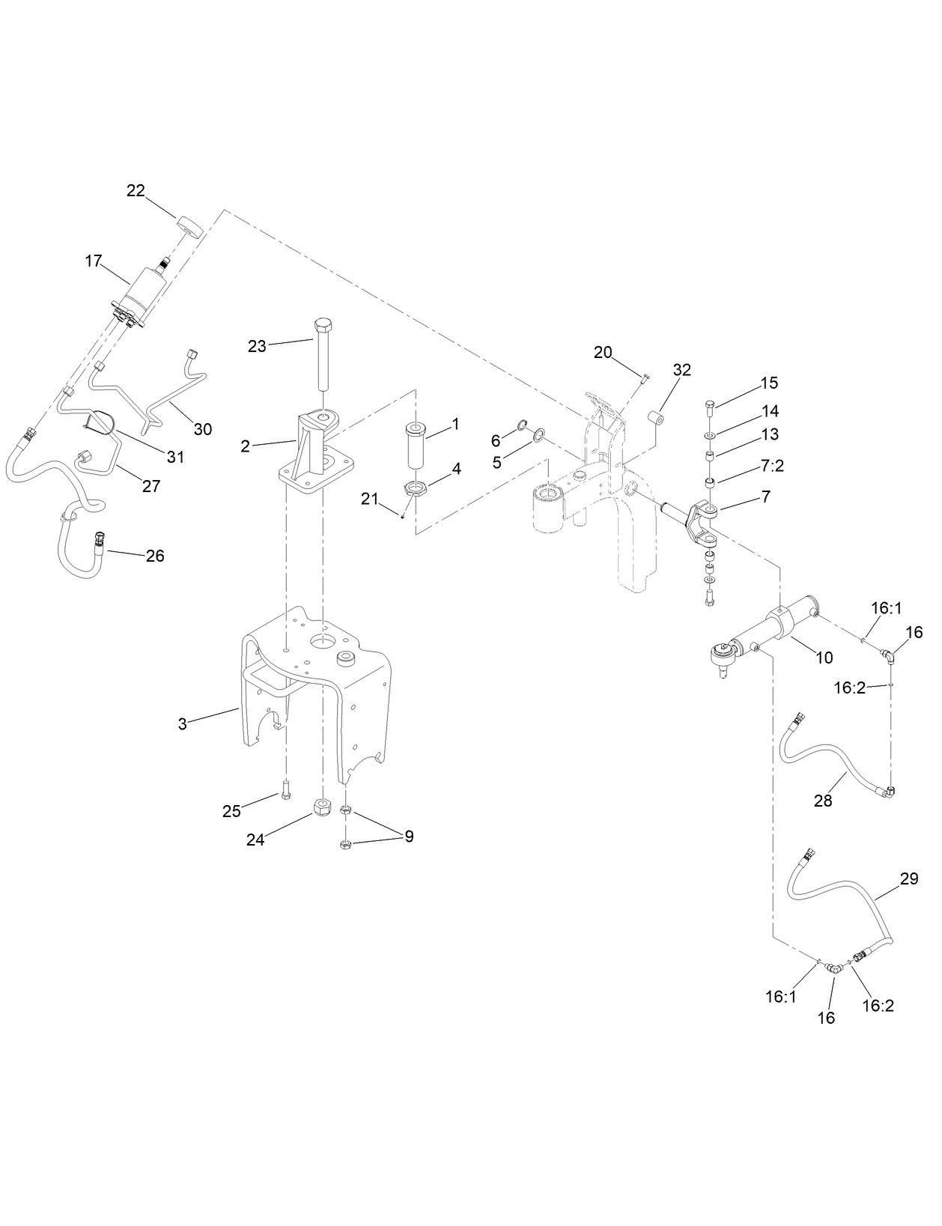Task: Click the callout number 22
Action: [x=136, y=191]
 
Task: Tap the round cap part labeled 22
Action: [x=190, y=225]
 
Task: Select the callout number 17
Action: [x=93, y=261]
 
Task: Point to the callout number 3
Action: [x=182, y=724]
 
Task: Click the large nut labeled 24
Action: [x=323, y=808]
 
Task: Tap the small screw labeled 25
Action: [x=285, y=789]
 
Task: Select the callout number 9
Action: [x=409, y=837]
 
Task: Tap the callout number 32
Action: [x=681, y=369]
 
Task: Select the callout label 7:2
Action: [x=772, y=466]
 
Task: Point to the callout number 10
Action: [x=824, y=658]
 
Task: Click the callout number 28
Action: [x=823, y=801]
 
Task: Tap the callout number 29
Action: [x=908, y=879]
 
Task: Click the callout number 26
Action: [x=154, y=556]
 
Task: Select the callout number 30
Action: [x=203, y=429]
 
